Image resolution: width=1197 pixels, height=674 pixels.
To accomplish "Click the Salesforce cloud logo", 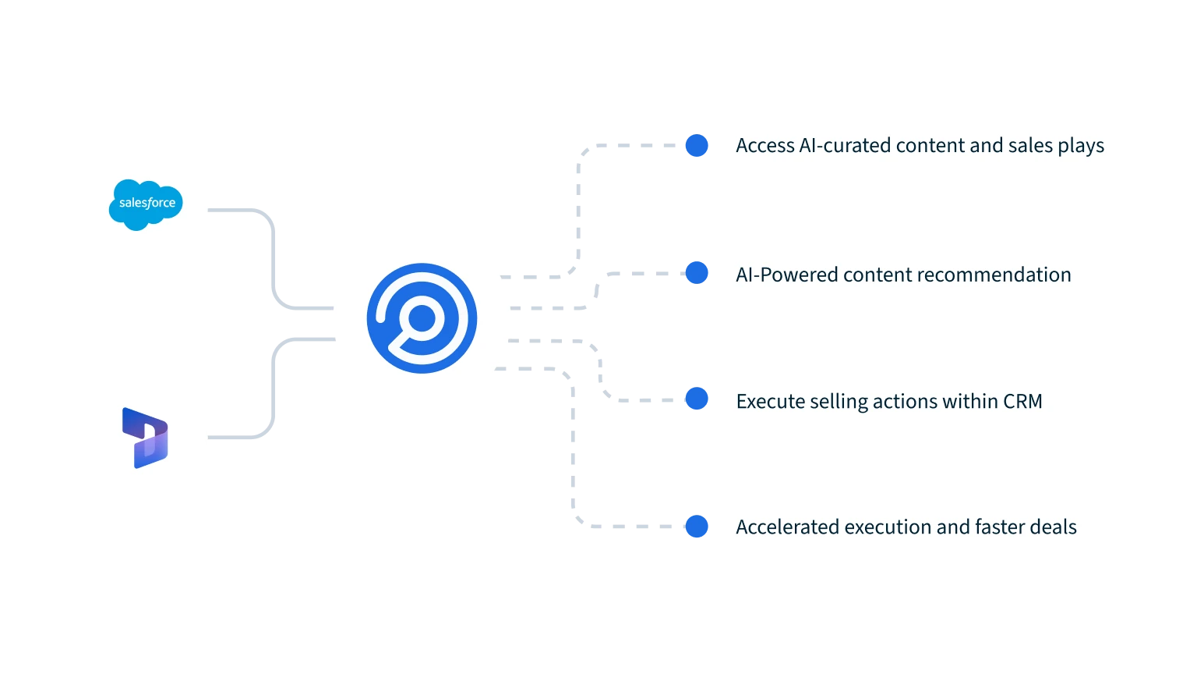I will tap(146, 204).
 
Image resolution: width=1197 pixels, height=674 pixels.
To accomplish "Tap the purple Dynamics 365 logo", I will tap(145, 438).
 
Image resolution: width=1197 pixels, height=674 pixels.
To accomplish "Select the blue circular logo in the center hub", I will tap(422, 317).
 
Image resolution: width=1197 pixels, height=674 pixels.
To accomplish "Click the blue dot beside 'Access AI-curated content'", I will tap(697, 146).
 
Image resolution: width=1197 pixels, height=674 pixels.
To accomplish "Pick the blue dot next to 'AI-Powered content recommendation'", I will tap(697, 273).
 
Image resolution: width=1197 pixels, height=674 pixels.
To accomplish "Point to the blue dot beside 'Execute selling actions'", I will tap(697, 399).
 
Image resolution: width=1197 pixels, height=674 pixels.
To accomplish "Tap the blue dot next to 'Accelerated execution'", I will tap(697, 526).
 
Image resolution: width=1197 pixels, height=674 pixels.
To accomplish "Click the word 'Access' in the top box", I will tap(765, 146).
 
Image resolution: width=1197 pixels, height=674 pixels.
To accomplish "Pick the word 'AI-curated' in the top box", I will tap(845, 146).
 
